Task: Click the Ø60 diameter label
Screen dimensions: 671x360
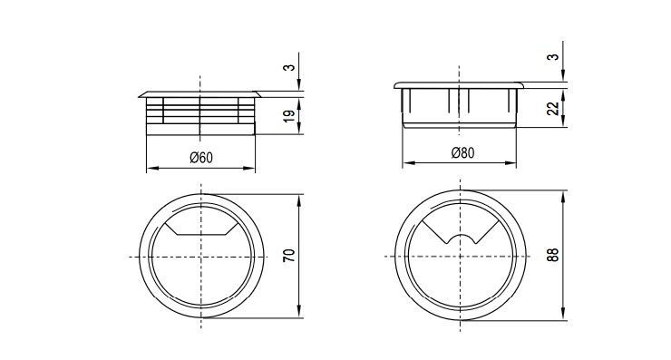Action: pos(201,158)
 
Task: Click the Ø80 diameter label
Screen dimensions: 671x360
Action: pos(462,153)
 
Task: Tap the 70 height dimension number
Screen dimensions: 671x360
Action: pos(290,256)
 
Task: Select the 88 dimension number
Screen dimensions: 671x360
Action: pos(553,255)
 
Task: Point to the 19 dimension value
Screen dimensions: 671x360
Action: pos(290,115)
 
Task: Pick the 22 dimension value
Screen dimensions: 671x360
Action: pos(553,108)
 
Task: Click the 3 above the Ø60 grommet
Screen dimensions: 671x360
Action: pos(290,68)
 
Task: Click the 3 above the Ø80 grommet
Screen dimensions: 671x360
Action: pos(553,57)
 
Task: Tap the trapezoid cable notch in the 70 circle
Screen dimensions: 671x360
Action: pos(201,229)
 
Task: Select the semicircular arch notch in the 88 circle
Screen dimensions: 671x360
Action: pos(460,239)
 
